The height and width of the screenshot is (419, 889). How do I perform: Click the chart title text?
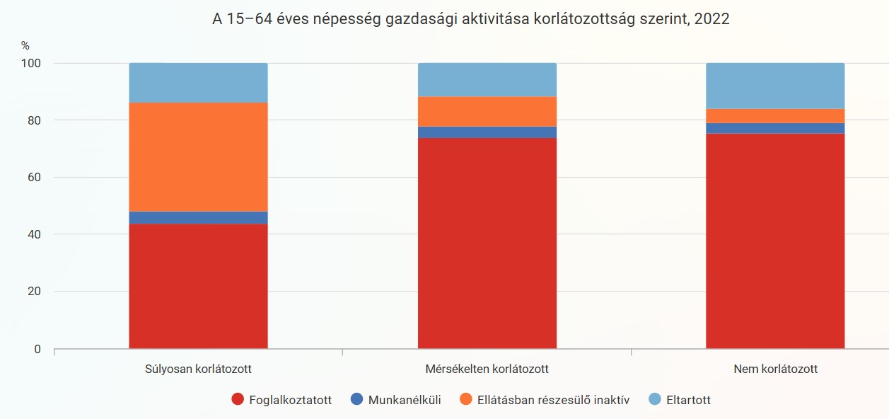470,20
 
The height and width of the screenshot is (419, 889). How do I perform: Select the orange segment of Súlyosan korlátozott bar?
198,156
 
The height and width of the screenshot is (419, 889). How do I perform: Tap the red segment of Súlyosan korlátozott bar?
198,286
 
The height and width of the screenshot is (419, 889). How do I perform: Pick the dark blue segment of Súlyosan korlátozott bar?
198,217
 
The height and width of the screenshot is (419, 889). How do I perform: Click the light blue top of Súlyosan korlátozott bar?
198,83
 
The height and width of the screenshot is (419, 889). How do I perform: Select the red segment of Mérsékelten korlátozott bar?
487,243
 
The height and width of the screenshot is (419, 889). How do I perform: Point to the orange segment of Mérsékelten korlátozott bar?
487,111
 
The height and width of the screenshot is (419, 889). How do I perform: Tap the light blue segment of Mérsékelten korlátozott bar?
487,79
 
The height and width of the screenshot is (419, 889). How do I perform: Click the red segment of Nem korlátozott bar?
775,241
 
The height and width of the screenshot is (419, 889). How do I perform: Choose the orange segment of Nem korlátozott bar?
775,115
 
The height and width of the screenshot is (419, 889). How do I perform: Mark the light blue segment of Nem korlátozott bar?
775,86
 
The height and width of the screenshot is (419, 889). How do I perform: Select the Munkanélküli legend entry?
395,400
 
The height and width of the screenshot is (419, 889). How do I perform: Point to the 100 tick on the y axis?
33,63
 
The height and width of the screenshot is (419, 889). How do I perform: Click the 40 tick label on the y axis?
35,234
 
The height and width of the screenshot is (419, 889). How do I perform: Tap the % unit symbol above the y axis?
25,45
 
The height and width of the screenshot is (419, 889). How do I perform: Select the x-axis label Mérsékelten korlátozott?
487,369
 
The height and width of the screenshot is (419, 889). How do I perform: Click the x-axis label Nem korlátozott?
775,369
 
